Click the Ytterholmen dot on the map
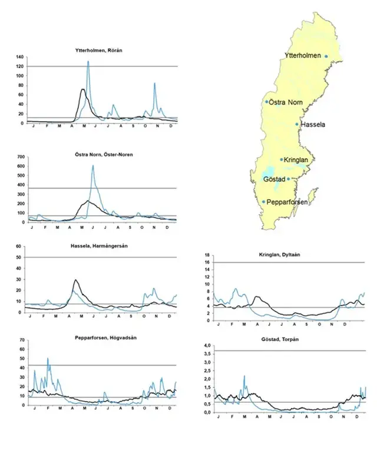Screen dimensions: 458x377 pos(326,56)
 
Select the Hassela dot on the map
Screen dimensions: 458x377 pos(297,124)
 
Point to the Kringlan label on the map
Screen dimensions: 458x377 pos(296,159)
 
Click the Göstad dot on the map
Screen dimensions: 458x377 pos(288,179)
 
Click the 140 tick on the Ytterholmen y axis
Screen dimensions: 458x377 pos(19,57)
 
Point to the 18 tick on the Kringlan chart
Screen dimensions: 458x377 pos(207,255)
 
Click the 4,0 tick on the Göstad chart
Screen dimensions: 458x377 pos(207,345)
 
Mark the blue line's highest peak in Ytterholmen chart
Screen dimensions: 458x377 pos(88,61)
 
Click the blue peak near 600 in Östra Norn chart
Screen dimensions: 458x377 pos(92,166)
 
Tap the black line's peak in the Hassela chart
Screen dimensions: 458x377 pos(75,280)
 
